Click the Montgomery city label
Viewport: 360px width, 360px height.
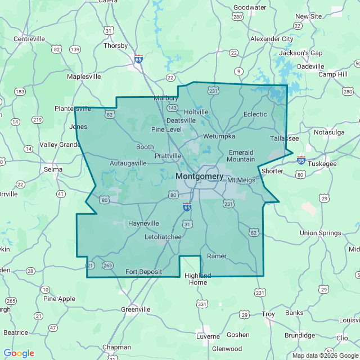(x=200, y=176)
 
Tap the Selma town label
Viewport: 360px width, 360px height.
(x=53, y=169)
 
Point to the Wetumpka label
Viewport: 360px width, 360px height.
(x=219, y=136)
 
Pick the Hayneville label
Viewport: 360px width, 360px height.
(x=143, y=223)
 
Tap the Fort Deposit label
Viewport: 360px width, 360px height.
(x=143, y=272)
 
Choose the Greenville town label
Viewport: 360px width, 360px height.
(x=136, y=309)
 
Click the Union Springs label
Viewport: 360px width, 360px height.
(x=321, y=233)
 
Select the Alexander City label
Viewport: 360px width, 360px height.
(x=272, y=39)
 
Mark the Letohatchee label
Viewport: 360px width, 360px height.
(x=163, y=237)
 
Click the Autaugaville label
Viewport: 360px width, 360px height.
(x=128, y=163)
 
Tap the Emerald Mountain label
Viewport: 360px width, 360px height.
(x=241, y=156)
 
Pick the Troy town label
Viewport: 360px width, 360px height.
(x=268, y=314)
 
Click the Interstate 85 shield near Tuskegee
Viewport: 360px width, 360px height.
(x=301, y=160)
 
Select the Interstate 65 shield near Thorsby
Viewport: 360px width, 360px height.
(x=138, y=58)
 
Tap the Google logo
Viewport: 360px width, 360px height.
(x=19, y=353)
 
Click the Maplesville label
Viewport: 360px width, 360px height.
(x=84, y=76)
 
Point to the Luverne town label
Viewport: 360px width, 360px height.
(x=208, y=336)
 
